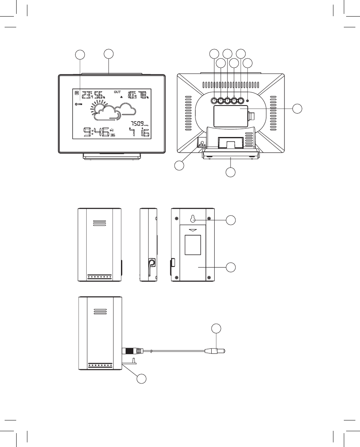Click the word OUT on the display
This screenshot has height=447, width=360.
tap(117, 92)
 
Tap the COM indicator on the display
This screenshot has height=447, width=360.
tap(79, 105)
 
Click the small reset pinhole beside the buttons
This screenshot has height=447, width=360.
tap(247, 101)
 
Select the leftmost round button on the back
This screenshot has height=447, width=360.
tap(214, 101)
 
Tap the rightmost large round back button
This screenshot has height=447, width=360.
tap(241, 101)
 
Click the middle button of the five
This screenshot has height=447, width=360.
tap(227, 101)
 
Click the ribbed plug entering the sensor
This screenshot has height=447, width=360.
tap(133, 351)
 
